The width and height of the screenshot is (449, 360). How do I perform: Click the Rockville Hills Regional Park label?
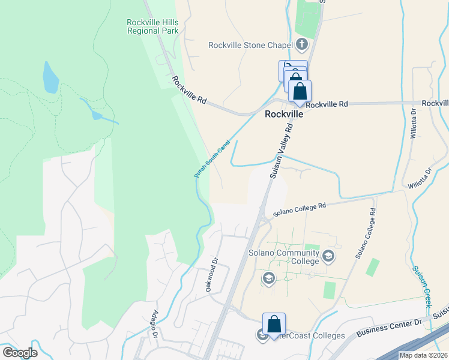[152, 26]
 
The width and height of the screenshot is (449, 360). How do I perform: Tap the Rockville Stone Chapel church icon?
[301, 44]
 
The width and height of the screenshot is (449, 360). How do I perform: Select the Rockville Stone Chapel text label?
[250, 45]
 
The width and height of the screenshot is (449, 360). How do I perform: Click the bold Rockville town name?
[283, 113]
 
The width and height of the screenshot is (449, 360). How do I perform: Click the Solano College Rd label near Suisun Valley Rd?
[299, 209]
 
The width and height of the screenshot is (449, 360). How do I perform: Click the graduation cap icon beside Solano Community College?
[328, 257]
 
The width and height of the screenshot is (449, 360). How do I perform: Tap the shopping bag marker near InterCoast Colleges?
[274, 325]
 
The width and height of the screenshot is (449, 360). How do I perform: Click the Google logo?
[20, 353]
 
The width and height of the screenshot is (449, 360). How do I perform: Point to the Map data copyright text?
[423, 355]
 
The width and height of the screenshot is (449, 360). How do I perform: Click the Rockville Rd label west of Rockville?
[188, 90]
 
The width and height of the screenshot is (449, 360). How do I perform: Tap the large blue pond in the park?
[50, 77]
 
